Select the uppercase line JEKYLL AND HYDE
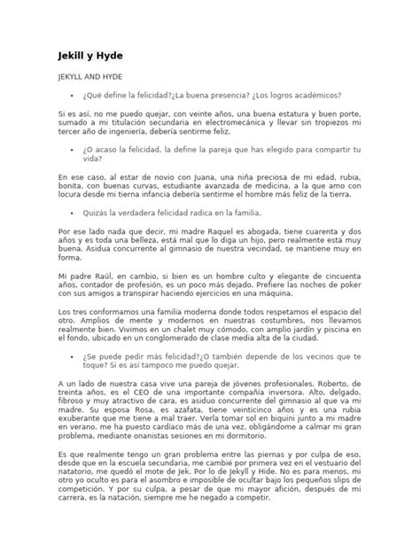pos(96,78)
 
